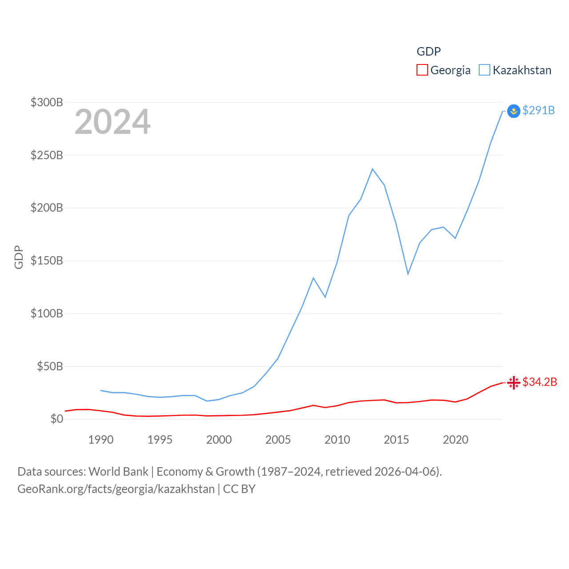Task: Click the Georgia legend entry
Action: coord(444,70)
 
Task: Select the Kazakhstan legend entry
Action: coord(515,70)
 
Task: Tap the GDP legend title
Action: coord(429,52)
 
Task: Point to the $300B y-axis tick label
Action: coord(47,102)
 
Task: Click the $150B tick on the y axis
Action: coord(47,260)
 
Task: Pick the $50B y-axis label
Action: coord(50,366)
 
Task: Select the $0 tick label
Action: coord(56,419)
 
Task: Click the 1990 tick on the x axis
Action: coord(101,440)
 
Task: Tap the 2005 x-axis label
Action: coord(278,440)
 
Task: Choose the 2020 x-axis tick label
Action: coord(455,440)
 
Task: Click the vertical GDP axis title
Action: coord(19,257)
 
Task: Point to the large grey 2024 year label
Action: coord(112,122)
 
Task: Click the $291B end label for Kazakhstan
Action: coord(538,110)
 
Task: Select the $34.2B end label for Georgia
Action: coord(540,382)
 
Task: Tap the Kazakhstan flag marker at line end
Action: coord(513,111)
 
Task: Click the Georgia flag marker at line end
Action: coord(513,382)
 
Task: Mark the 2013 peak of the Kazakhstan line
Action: coord(373,169)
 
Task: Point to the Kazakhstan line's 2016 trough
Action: coord(408,274)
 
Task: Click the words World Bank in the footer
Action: coord(118,471)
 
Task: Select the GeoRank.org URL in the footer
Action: coord(116,489)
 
